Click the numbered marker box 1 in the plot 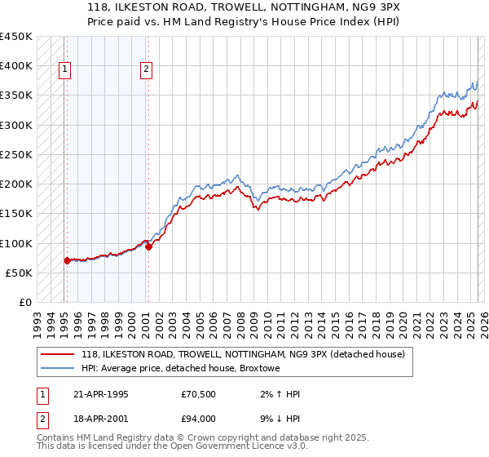64,70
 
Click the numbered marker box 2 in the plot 146,70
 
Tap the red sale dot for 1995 67,260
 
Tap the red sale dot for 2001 148,246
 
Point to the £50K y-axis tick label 19,273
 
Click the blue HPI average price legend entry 180,368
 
